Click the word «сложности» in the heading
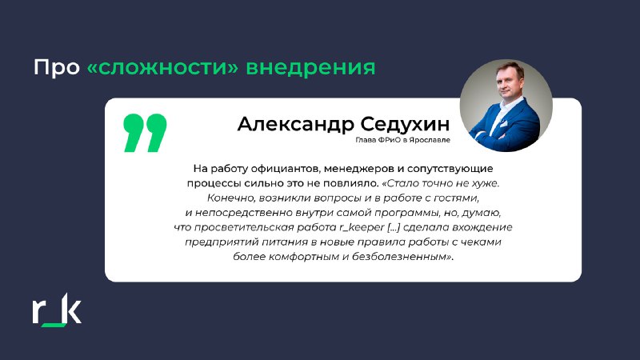click(162, 67)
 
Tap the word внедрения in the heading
click(310, 67)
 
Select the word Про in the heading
click(56, 67)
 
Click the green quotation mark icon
click(145, 133)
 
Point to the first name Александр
click(296, 124)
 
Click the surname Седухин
click(406, 124)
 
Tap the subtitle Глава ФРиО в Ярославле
click(403, 140)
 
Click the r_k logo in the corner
click(57, 310)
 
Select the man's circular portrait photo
click(506, 106)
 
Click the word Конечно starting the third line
click(231, 198)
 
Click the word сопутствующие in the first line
click(450, 169)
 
